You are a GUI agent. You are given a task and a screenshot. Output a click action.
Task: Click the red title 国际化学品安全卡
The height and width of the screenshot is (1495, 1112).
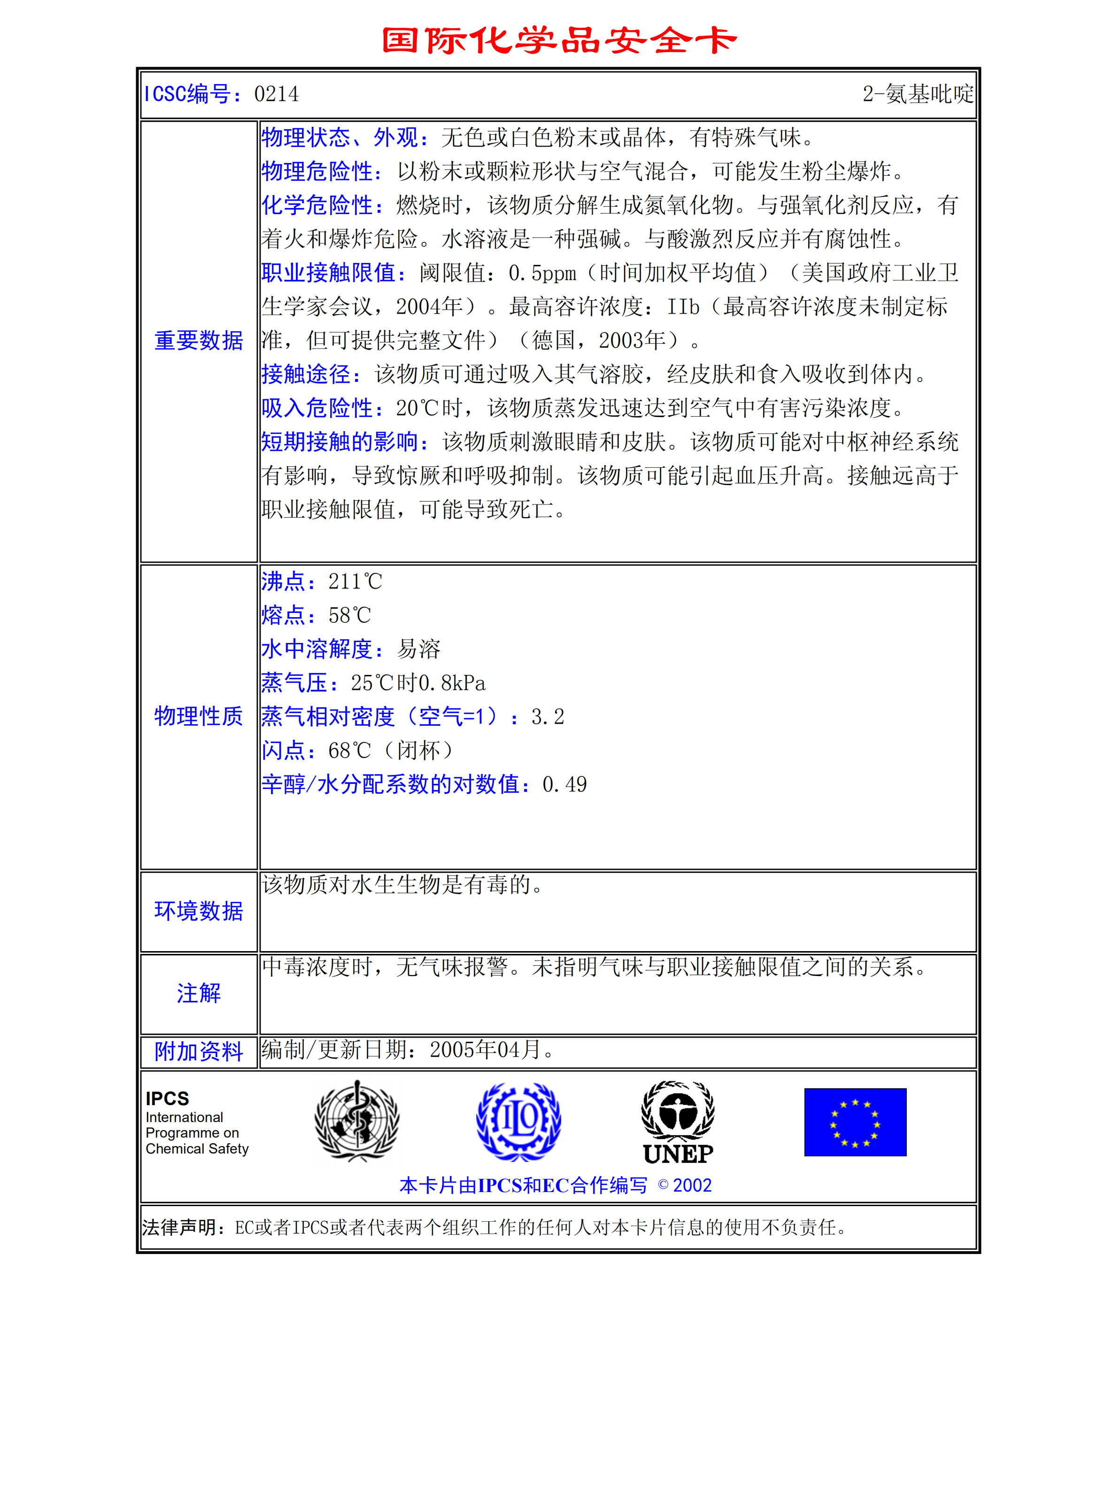click(559, 40)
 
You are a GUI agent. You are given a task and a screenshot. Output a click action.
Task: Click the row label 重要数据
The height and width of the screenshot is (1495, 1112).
click(199, 341)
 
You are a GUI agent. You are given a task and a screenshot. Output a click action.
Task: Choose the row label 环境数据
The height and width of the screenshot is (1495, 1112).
click(199, 911)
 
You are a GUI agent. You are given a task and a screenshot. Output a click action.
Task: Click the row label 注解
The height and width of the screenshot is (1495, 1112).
click(199, 993)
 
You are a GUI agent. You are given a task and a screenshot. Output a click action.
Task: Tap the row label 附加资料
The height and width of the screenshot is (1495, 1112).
click(199, 1051)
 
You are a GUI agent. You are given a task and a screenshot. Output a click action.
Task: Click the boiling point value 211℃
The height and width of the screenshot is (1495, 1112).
click(355, 581)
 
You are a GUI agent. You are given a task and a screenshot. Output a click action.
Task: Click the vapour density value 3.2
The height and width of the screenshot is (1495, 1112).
click(547, 717)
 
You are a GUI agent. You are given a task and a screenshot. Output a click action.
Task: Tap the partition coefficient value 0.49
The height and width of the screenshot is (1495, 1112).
click(564, 784)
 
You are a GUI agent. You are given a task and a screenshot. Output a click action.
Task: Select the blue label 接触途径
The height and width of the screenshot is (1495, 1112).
click(306, 374)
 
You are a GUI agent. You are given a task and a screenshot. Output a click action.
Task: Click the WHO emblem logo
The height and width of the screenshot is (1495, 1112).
click(357, 1121)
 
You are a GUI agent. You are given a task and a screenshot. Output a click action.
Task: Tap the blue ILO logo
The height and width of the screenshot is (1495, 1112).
click(518, 1121)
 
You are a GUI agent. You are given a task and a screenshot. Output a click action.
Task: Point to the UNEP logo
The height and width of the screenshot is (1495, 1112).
click(678, 1122)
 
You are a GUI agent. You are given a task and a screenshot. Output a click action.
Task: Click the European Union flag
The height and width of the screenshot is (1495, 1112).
click(855, 1122)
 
